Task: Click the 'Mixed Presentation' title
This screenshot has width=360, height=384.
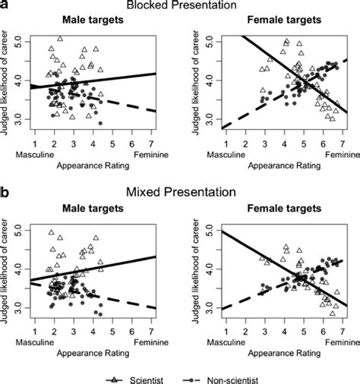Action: click(180, 194)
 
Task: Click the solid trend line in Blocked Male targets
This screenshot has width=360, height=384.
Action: click(114, 79)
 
